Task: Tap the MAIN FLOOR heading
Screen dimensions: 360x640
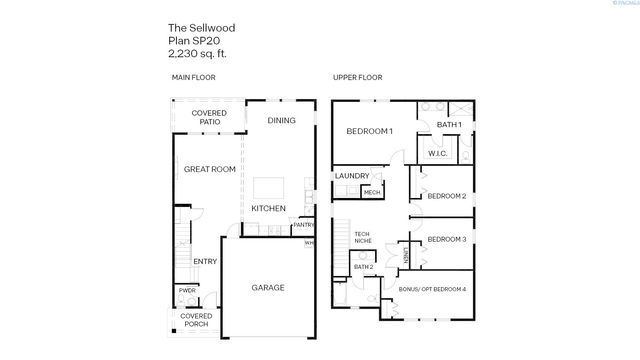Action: pos(193,77)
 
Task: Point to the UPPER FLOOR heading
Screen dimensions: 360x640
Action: pos(357,77)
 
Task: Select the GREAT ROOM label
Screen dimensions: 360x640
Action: pos(209,169)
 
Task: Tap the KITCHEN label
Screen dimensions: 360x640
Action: pos(268,208)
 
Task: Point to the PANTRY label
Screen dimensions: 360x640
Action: pos(303,225)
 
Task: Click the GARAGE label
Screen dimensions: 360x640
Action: pos(267,288)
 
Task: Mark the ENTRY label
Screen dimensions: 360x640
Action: pos(205,262)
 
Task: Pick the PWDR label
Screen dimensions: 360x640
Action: pos(187,291)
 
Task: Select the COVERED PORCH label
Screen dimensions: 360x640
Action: pos(196,320)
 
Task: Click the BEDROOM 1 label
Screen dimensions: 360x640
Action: pos(369,131)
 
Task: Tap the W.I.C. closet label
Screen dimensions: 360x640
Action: pos(437,153)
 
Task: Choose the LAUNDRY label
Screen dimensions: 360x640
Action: pos(352,176)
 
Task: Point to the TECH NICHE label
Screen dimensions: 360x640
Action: pos(363,238)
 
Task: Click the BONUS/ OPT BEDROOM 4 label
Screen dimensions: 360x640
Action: pos(432,289)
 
